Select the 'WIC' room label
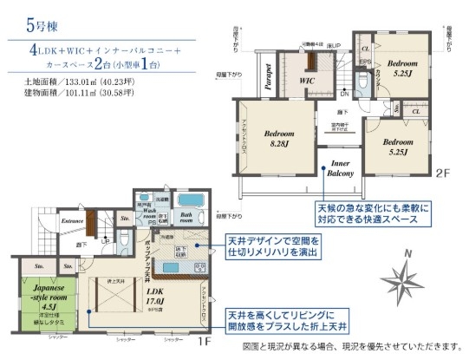click(x=306, y=81)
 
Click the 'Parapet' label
click(x=270, y=78)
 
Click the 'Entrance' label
click(x=72, y=221)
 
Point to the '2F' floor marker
click(x=441, y=173)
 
